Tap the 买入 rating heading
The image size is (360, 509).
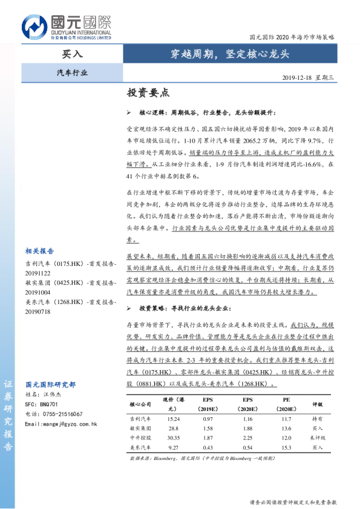tap(73, 53)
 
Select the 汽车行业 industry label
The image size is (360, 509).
tap(72, 72)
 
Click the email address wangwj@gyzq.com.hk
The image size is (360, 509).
tap(61, 424)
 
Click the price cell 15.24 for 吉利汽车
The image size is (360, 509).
tap(173, 418)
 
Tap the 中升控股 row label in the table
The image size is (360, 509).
tap(141, 438)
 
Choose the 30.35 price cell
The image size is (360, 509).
tap(173, 438)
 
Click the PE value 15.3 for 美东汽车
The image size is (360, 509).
tap(286, 447)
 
